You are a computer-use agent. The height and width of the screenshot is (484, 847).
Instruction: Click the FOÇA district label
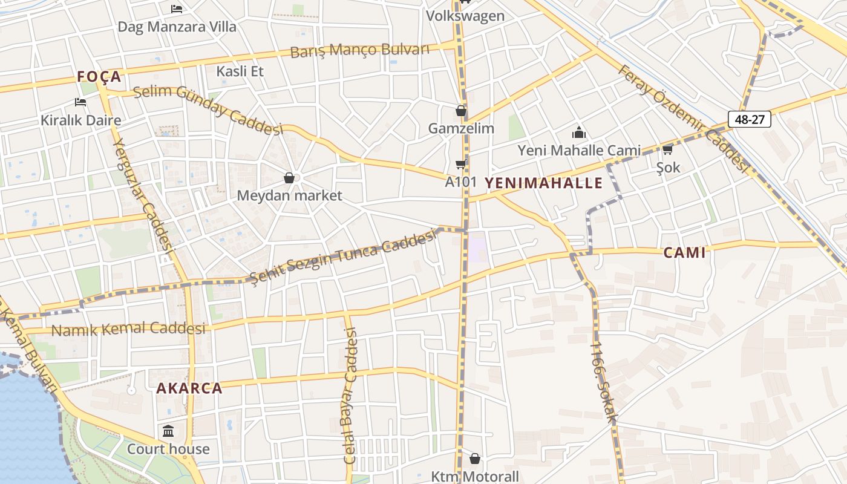[99, 77]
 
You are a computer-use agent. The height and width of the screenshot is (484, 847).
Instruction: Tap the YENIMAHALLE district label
[544, 183]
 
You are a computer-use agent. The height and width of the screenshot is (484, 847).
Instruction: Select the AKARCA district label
[189, 388]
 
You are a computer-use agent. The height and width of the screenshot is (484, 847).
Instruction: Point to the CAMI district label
[684, 252]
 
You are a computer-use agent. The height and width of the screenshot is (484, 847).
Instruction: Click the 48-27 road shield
[749, 119]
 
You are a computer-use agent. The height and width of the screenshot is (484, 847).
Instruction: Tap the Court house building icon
[168, 431]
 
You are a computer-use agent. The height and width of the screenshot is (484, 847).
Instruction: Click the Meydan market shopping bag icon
[289, 178]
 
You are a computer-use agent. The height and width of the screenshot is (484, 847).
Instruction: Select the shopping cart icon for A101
[461, 164]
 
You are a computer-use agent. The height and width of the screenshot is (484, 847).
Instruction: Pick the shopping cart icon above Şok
[668, 149]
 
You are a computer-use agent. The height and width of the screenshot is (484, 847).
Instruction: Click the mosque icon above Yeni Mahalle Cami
[579, 132]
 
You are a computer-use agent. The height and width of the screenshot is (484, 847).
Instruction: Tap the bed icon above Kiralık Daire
[80, 102]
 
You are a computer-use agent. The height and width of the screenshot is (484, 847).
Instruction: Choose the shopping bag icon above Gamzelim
[461, 111]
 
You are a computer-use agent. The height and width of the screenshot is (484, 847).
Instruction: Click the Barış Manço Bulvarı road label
[359, 50]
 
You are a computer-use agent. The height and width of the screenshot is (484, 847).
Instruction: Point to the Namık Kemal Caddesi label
[128, 329]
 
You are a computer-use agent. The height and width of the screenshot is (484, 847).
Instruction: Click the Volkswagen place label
[465, 16]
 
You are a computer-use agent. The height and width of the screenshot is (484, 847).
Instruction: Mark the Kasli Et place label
[240, 71]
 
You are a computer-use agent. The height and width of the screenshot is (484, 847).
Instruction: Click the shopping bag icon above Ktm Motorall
[475, 459]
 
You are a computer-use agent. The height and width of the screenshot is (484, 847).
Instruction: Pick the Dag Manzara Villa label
[177, 27]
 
